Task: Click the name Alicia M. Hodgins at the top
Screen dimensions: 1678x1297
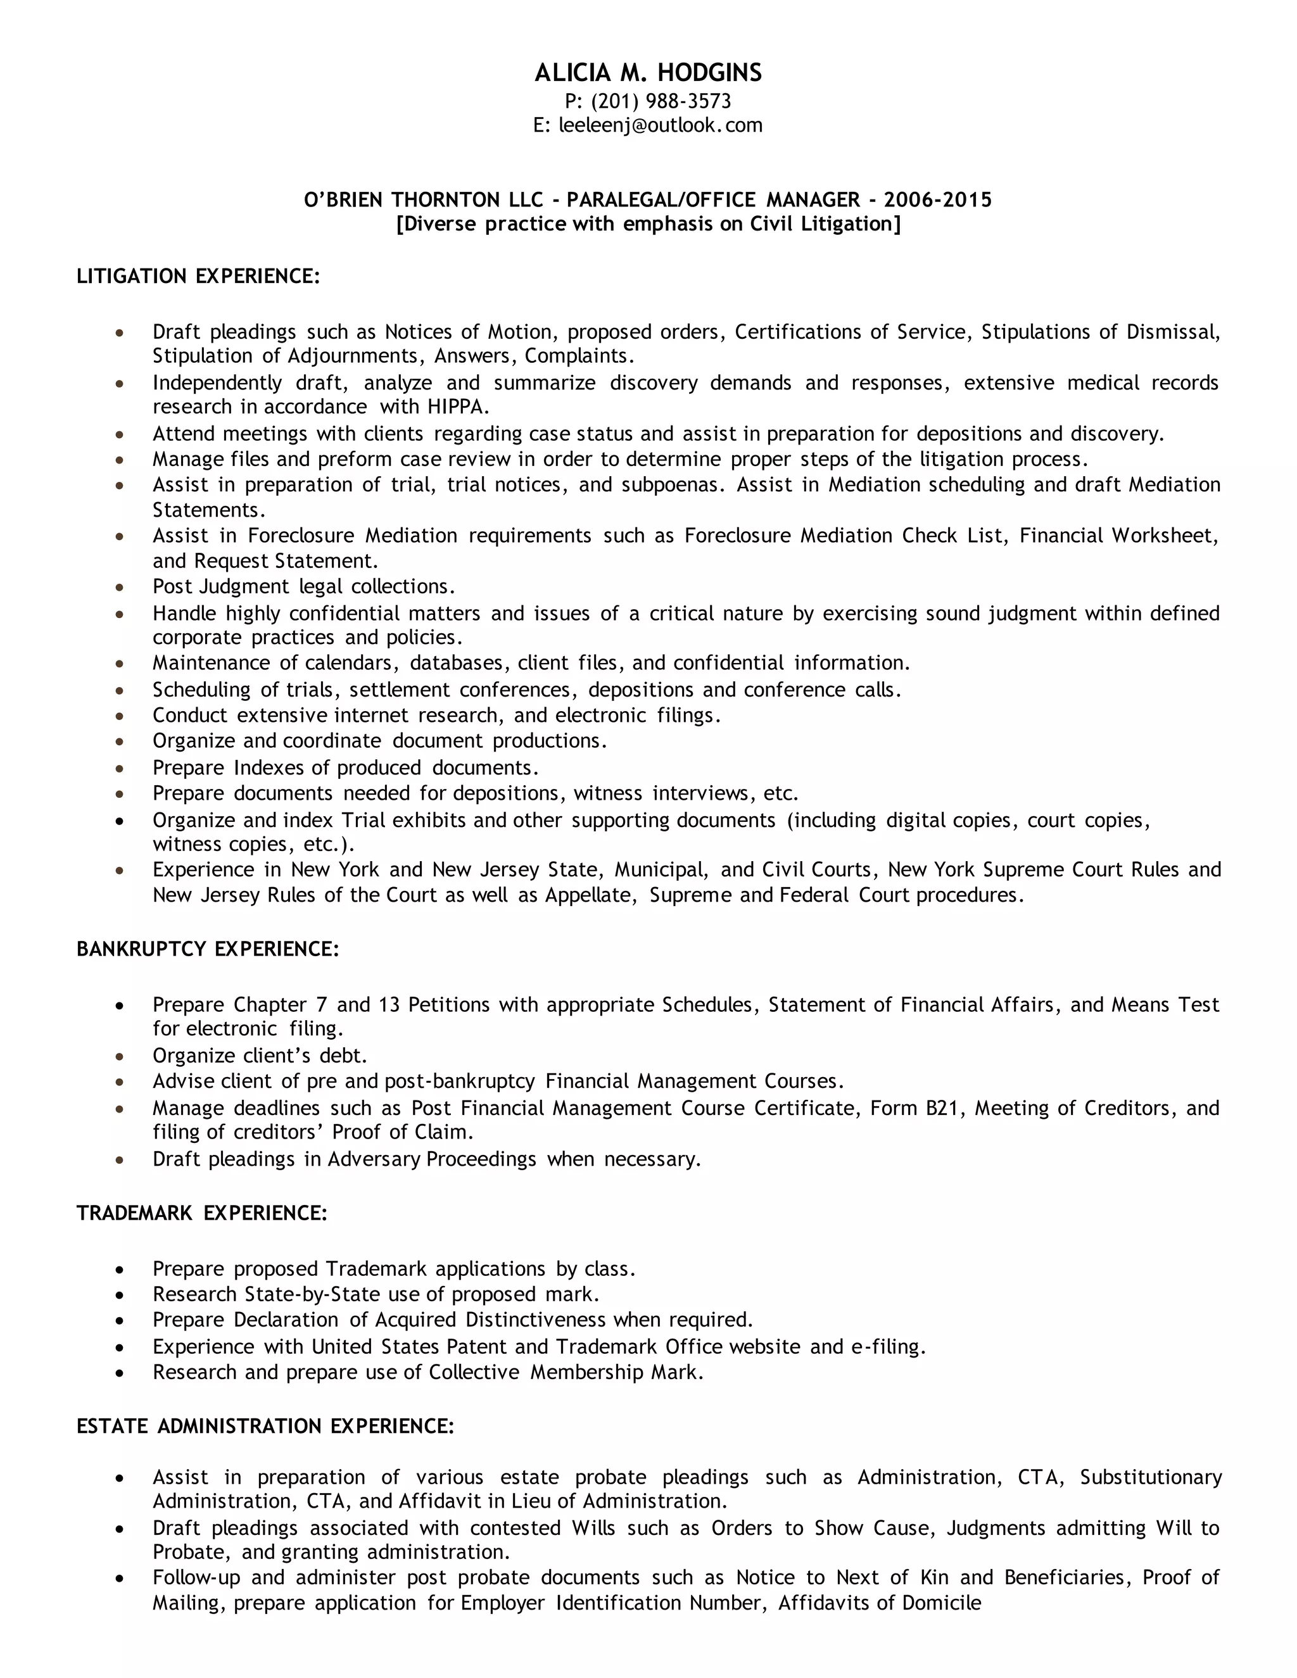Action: pos(648,72)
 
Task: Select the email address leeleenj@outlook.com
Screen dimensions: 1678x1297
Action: pos(660,125)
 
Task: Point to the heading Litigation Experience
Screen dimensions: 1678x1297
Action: pos(198,276)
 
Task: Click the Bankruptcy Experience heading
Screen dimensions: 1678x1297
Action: pos(208,949)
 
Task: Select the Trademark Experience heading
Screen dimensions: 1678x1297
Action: pos(202,1213)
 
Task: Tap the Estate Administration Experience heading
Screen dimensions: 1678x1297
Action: pos(266,1427)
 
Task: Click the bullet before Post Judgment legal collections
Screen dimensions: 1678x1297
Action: pos(119,588)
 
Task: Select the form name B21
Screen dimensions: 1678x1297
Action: pos(940,1108)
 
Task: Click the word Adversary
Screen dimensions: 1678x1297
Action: pos(374,1159)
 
